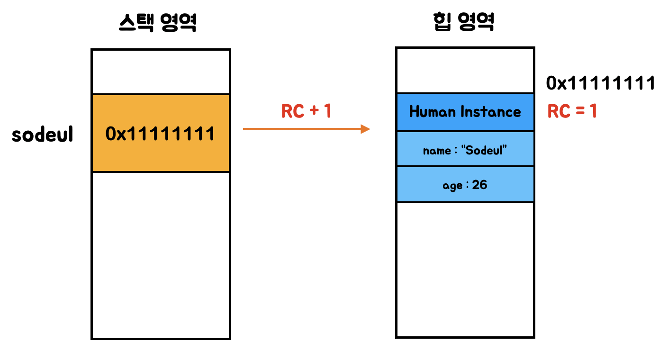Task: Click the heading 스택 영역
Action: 158,23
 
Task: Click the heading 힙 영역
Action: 464,22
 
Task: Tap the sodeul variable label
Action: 43,135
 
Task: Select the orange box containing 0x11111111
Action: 161,133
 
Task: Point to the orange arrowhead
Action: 365,129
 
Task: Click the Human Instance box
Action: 465,112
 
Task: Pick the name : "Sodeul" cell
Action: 465,150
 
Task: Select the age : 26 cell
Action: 465,185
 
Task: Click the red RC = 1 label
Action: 572,111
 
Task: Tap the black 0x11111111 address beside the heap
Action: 600,83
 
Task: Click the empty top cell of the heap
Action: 465,71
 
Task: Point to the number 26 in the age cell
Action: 479,185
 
